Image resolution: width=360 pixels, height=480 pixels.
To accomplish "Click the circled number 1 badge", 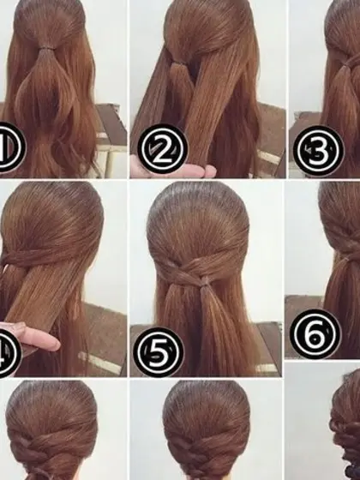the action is (x=10, y=147).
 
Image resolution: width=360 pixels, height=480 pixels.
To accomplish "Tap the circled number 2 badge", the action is (x=162, y=149).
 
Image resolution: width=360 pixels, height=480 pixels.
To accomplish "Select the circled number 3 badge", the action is (x=318, y=151).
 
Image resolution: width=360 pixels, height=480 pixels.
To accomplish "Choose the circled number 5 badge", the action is (x=159, y=352).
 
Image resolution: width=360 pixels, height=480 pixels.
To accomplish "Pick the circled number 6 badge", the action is (x=315, y=334).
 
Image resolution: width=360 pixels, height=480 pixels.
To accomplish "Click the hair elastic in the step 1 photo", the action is (x=46, y=48).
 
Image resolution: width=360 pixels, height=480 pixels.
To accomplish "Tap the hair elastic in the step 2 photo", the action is (x=178, y=63).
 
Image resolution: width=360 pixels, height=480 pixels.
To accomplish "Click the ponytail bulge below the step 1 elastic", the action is (x=46, y=92).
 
